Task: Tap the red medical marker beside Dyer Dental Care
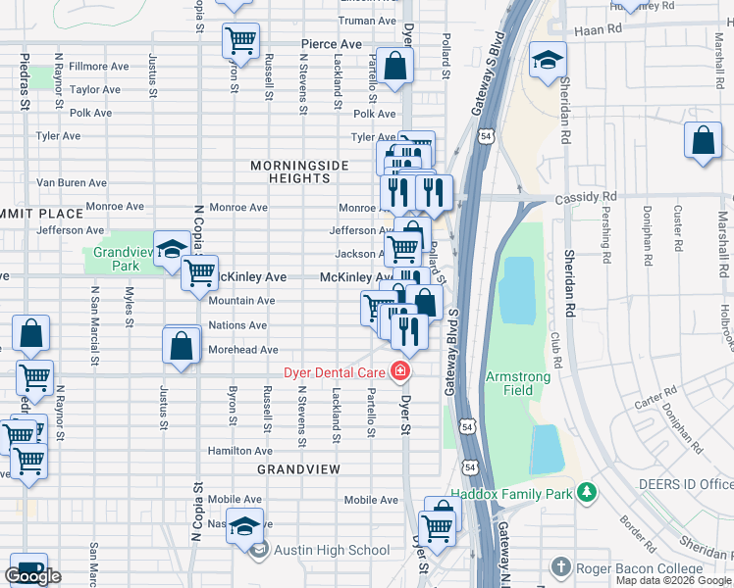(399, 371)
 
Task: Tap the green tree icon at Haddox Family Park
(587, 492)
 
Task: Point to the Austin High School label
(332, 550)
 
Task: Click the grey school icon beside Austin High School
(259, 550)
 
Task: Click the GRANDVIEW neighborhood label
(298, 470)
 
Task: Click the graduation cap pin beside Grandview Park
(172, 248)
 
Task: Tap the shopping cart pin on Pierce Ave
(240, 40)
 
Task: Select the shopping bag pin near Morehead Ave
(182, 346)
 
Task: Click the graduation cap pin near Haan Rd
(548, 60)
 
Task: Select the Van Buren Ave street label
(71, 182)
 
